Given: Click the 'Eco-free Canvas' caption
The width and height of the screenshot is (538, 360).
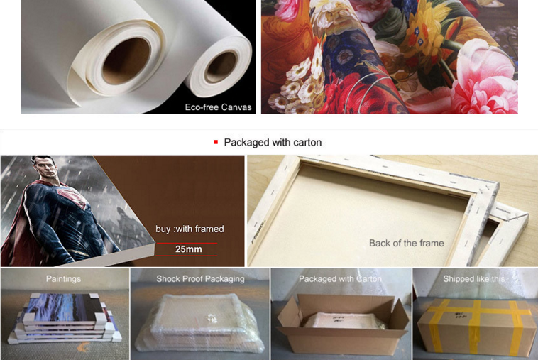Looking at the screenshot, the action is pos(218,107).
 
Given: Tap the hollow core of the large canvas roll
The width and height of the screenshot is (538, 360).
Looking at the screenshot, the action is pos(126,61).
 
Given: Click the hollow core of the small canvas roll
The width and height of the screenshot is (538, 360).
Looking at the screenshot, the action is pos(221,67).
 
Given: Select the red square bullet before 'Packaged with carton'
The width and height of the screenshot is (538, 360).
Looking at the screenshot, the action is pos(216,142).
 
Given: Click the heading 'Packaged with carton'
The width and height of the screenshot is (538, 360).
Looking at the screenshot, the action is pos(273,143).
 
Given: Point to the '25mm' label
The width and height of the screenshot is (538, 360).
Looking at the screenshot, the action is pos(188,249).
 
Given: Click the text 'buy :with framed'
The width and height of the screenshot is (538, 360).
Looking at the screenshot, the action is pos(190,229).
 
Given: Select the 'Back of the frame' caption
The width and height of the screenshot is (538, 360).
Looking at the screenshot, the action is pos(407,243).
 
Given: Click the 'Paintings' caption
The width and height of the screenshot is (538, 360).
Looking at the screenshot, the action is pos(63,278).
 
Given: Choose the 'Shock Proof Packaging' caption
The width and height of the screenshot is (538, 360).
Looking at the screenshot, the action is pos(200,278).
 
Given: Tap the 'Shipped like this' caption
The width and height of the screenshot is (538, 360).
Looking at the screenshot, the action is pos(474,278).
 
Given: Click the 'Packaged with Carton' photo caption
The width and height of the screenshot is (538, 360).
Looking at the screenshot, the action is pos(340,278).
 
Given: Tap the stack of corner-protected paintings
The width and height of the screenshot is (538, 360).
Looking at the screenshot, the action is pos(65,317).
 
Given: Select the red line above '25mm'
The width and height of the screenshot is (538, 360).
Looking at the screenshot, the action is pos(186,244).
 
